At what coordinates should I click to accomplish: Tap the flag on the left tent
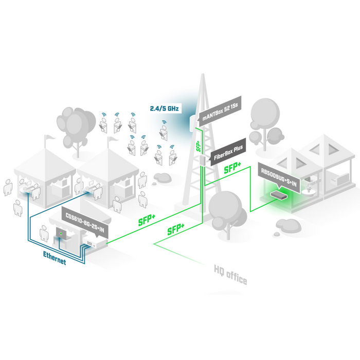pos(48,138)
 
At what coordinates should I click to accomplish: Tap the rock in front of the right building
pos(286,224)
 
